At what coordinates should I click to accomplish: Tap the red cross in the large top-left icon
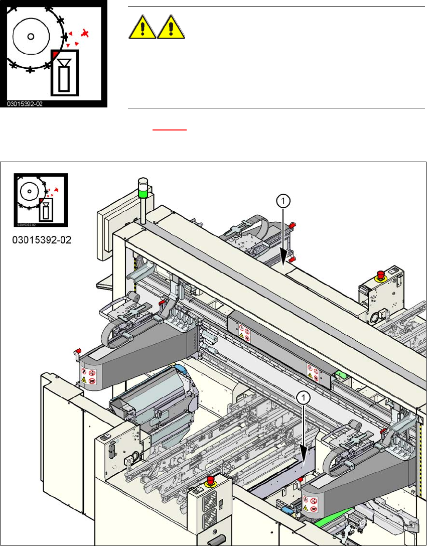tap(86, 34)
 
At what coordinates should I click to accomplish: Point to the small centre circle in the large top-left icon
tap(31, 37)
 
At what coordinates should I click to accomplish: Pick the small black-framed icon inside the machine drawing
tap(41, 200)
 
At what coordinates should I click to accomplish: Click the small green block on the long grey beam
tap(342, 374)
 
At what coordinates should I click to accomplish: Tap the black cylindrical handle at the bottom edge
tap(212, 538)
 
